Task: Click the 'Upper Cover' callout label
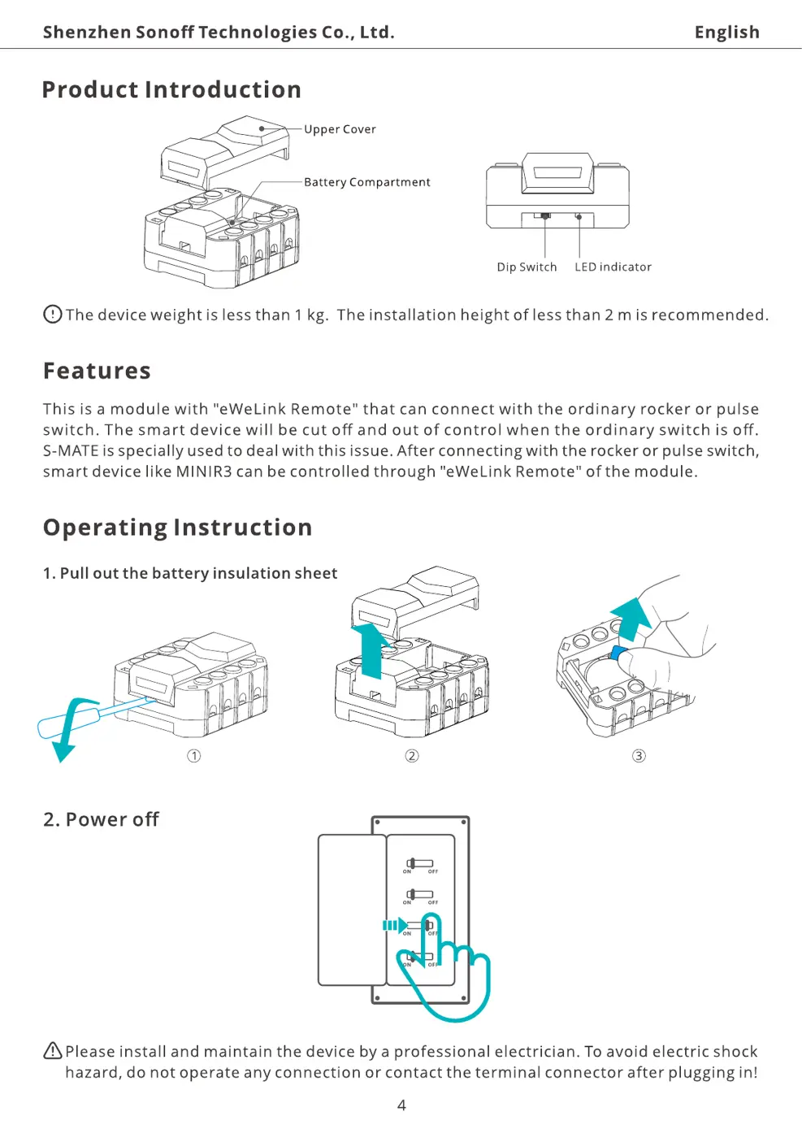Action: pos(340,129)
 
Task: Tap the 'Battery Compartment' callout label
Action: pos(366,182)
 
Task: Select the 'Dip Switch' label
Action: pos(527,267)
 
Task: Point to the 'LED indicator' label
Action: pos(613,267)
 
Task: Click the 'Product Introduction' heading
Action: pos(171,89)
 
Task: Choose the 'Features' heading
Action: pos(97,371)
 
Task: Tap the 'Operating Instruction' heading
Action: pos(177,528)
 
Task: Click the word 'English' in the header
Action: pos(726,33)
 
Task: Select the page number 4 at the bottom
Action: pos(401,1105)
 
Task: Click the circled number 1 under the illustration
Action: pos(193,756)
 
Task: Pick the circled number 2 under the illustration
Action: pos(412,756)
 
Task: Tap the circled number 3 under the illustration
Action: pos(639,756)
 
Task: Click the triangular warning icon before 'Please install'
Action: pos(53,1051)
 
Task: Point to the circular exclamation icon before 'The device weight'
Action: pos(53,314)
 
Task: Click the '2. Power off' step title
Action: pos(101,819)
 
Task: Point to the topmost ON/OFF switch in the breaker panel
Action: pos(420,863)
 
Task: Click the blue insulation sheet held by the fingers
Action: pos(618,654)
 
